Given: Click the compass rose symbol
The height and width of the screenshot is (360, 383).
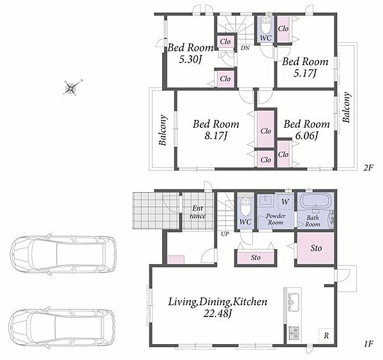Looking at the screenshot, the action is tap(71, 87).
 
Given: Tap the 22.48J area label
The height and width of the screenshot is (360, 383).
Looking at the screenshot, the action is tap(218, 313).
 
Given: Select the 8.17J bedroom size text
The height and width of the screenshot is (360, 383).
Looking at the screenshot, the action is tap(216, 135).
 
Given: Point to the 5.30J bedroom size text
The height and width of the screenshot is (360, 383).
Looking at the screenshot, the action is tap(190, 59).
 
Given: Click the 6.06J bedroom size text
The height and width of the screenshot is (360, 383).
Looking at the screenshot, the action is tap(306, 135).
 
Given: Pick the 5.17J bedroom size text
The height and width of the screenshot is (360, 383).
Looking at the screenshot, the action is tap(305, 73).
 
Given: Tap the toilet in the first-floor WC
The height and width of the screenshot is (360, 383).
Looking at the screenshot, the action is tap(245, 207).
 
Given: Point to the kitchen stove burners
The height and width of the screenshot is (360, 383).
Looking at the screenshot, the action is tap(294, 333).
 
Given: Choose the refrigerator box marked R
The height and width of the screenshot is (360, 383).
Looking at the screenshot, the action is tap(326, 335).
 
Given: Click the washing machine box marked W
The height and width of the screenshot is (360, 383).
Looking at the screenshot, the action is tap(285, 202).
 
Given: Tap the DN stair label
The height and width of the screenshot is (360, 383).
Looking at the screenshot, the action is tap(245, 48).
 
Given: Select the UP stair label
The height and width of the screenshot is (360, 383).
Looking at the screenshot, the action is tap(225, 234).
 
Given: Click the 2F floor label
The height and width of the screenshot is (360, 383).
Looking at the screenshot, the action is tap(368, 168).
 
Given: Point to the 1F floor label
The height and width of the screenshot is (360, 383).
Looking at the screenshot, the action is tap(368, 344).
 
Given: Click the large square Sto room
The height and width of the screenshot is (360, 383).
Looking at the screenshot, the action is tap(315, 248).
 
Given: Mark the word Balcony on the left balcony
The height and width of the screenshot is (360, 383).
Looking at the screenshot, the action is tap(163, 130).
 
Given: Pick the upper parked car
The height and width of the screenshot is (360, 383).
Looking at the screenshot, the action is tap(63, 255).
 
